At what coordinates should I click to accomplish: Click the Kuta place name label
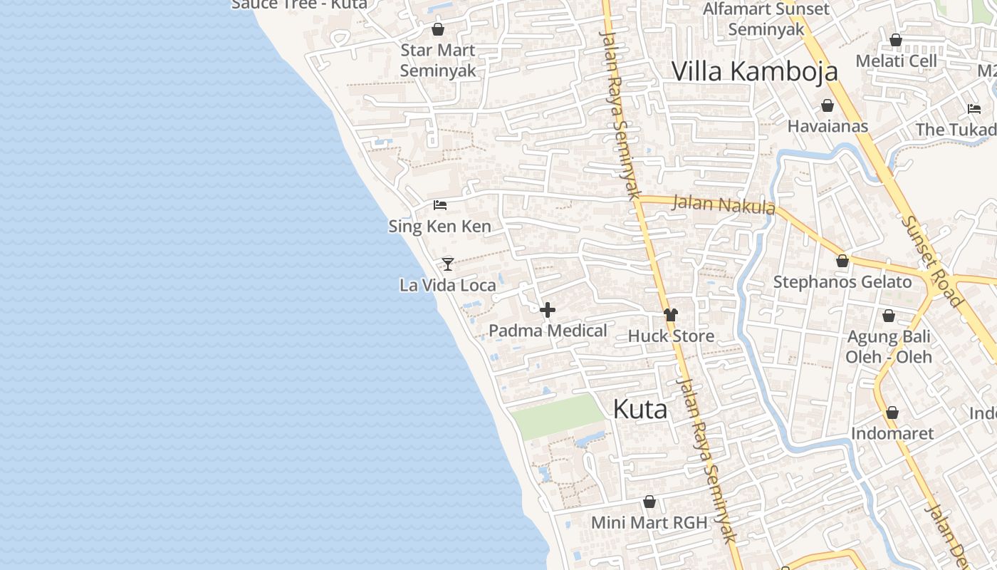tap(640, 409)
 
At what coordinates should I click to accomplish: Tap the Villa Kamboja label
tap(754, 71)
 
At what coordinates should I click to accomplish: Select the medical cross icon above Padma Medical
tap(548, 310)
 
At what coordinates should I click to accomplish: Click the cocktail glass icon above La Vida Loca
tap(447, 264)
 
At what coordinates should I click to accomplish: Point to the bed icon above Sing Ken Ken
tap(440, 205)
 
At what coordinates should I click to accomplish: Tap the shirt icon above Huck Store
tap(670, 314)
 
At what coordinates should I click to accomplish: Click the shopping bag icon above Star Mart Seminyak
tap(438, 29)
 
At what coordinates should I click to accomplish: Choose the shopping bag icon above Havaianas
tap(828, 105)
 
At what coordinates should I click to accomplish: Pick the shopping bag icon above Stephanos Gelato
tap(842, 261)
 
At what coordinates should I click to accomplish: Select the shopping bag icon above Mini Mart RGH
tap(649, 502)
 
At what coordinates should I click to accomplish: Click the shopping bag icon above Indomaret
tap(892, 413)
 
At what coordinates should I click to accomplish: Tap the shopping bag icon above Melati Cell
tap(896, 40)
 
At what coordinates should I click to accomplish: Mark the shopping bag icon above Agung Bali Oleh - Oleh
tap(889, 316)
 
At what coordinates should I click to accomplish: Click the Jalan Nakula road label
tap(724, 205)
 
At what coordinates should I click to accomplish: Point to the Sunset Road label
tap(931, 261)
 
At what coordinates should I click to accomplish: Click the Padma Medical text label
tap(548, 331)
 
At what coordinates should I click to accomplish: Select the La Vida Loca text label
tap(447, 286)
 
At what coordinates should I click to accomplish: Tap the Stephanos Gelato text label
tap(842, 282)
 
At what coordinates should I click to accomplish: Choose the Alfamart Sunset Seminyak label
tap(766, 19)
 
